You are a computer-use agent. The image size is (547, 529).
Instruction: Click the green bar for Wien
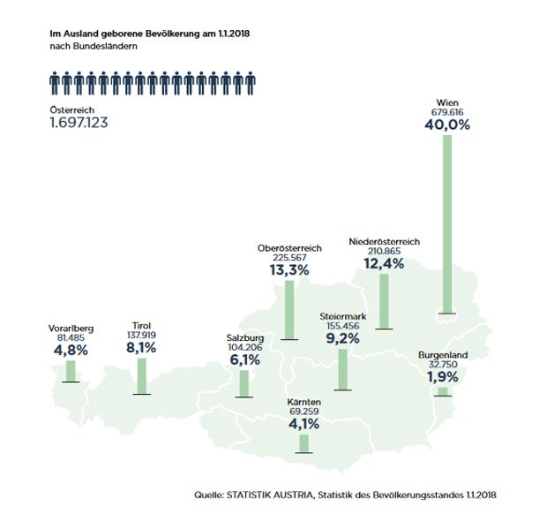point(447,224)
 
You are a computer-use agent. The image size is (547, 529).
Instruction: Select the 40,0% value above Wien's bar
point(446,125)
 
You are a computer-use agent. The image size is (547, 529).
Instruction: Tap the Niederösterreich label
point(384,241)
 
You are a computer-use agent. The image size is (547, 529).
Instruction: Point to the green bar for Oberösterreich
point(288,309)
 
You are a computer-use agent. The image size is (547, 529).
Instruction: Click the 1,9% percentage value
point(444,378)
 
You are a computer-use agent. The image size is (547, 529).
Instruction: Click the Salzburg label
point(245,337)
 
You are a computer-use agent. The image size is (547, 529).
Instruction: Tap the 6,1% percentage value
point(244,360)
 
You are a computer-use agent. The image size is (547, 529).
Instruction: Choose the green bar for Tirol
point(141,375)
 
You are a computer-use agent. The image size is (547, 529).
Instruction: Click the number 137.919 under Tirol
point(141,336)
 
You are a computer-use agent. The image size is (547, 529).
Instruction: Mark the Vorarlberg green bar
point(71,370)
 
